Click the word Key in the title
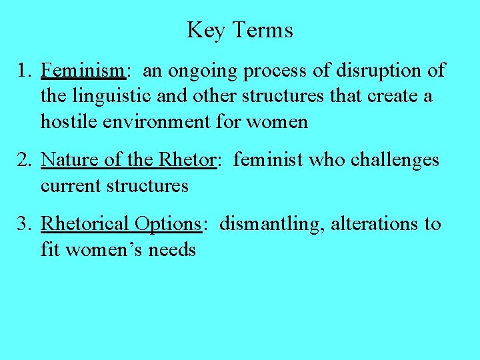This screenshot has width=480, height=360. tap(207, 30)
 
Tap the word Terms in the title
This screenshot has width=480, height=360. tap(263, 30)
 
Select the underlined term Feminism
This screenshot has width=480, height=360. tap(83, 71)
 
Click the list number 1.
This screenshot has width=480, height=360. tap(24, 71)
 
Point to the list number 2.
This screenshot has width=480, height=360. tap(24, 160)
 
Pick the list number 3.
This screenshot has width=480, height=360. tap(24, 224)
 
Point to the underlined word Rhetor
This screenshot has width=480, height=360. tap(187, 160)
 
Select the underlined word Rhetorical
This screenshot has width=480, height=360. tap(85, 224)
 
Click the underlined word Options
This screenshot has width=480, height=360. tap(167, 225)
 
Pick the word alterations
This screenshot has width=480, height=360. tap(373, 224)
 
